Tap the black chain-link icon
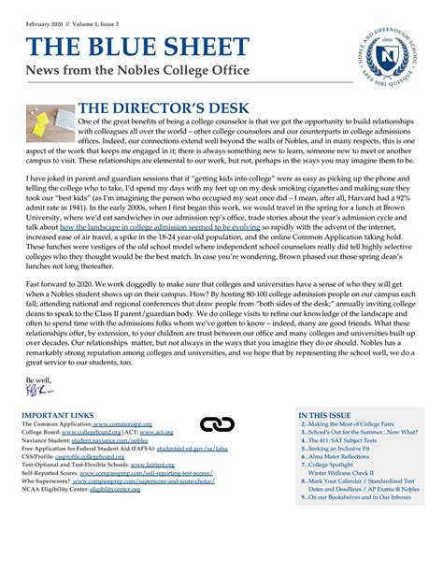coord(217,425)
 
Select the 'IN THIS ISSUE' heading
coord(326,414)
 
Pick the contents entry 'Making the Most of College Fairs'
coord(355,424)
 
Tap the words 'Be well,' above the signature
coord(36,380)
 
